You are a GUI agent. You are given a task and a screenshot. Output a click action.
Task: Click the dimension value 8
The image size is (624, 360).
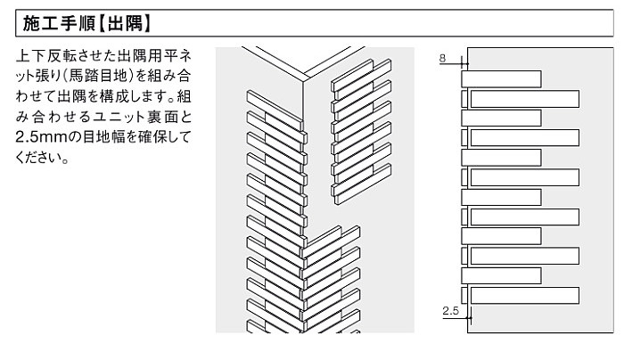tap(443, 57)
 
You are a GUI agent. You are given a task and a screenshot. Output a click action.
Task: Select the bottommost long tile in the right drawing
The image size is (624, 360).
tap(524, 295)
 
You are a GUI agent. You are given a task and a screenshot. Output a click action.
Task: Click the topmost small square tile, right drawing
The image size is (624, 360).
tap(464, 98)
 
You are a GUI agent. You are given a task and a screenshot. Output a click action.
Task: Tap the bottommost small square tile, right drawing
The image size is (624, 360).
tap(464, 295)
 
